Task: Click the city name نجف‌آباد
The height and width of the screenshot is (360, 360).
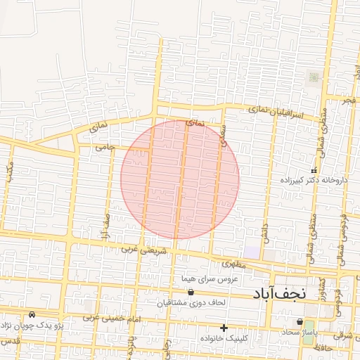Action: pos(279,293)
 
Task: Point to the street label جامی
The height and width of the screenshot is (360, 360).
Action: pos(105,150)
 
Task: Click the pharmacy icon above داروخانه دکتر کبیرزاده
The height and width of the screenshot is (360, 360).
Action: pos(314,171)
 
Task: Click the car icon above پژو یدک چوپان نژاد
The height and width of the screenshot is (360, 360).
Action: pos(32,314)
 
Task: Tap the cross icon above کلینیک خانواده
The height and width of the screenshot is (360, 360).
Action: pos(224,328)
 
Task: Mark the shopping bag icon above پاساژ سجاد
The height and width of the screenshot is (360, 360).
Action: pos(300,322)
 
